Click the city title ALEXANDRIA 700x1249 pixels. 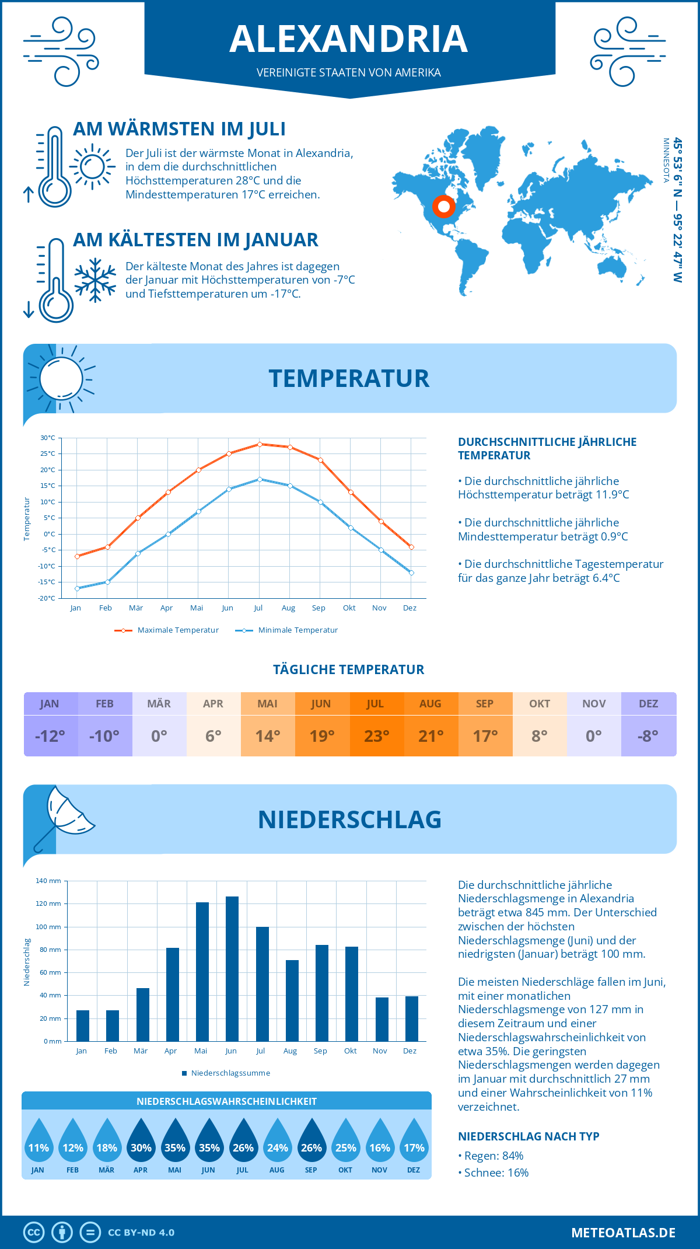[349, 39]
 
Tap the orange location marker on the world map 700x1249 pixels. [443, 206]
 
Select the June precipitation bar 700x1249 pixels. [232, 969]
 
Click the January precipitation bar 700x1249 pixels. [83, 1025]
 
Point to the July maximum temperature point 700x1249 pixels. [260, 444]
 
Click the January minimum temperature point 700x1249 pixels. [77, 588]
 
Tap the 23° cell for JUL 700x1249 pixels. [376, 736]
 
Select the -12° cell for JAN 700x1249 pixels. [50, 736]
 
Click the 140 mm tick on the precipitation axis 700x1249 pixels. [50, 881]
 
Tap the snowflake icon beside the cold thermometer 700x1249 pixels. [95, 280]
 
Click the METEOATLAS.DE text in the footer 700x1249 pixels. [623, 1233]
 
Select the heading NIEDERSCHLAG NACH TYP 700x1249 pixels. [528, 1136]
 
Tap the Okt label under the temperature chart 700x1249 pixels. [349, 608]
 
